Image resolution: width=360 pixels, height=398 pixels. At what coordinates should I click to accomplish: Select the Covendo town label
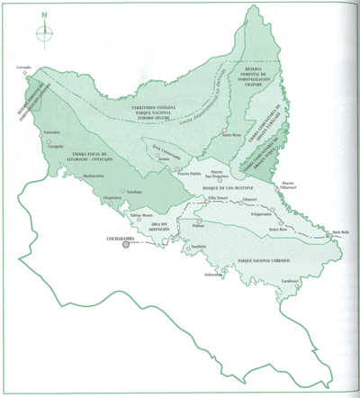25,67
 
